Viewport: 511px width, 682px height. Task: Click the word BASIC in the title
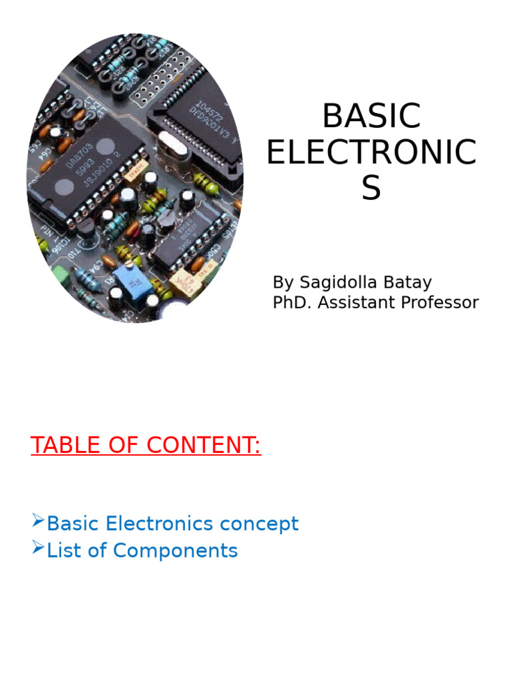tap(371, 116)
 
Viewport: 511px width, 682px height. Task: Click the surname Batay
tap(413, 282)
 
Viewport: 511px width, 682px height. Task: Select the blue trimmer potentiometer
tap(128, 281)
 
